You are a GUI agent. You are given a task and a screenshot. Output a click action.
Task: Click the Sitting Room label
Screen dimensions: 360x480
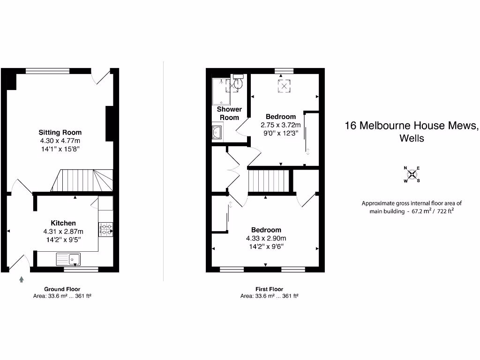click(x=60, y=132)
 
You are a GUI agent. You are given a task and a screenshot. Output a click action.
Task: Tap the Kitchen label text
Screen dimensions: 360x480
click(x=63, y=223)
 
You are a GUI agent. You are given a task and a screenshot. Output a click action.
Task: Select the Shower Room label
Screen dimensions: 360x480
click(x=229, y=113)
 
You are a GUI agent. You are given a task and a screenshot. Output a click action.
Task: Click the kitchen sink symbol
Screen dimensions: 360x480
click(x=68, y=258)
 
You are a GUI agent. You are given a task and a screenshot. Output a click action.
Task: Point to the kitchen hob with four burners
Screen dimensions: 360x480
click(x=105, y=229)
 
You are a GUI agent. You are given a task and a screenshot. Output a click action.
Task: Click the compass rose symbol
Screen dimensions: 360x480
click(x=412, y=174)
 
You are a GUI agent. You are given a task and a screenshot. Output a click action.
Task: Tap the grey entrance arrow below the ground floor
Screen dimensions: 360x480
click(x=21, y=280)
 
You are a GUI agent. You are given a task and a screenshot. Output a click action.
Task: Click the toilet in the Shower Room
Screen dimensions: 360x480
click(x=238, y=83)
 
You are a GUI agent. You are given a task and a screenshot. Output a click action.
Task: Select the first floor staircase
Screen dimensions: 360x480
click(x=267, y=181)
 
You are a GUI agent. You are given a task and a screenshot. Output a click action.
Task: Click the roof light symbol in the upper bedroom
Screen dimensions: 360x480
click(x=284, y=86)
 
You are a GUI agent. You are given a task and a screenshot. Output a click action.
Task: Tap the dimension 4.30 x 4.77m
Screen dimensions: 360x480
click(x=60, y=141)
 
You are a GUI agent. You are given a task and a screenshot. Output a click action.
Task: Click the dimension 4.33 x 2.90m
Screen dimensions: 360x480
click(x=266, y=238)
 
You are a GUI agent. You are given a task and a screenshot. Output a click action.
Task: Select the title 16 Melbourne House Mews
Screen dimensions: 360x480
click(x=411, y=126)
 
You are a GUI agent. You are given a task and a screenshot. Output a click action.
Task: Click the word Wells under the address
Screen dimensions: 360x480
click(x=412, y=139)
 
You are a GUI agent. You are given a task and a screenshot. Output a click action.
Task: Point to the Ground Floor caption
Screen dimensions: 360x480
click(x=62, y=289)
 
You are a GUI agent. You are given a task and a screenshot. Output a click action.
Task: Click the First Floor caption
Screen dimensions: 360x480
click(x=269, y=289)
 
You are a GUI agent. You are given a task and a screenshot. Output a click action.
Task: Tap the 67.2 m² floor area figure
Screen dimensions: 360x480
click(x=421, y=211)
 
